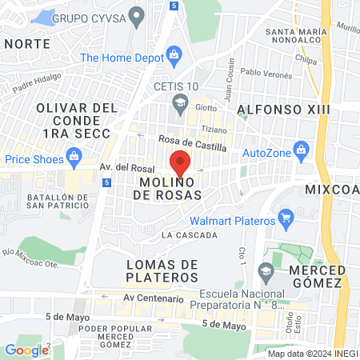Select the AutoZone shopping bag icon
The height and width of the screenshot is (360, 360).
302,149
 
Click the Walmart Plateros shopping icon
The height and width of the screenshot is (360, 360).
286,218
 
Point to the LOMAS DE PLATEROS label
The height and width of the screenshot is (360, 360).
162,270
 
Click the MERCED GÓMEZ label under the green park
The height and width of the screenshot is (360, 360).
315,276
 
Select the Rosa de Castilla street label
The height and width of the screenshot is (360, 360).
193,143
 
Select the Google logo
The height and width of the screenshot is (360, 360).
26,350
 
